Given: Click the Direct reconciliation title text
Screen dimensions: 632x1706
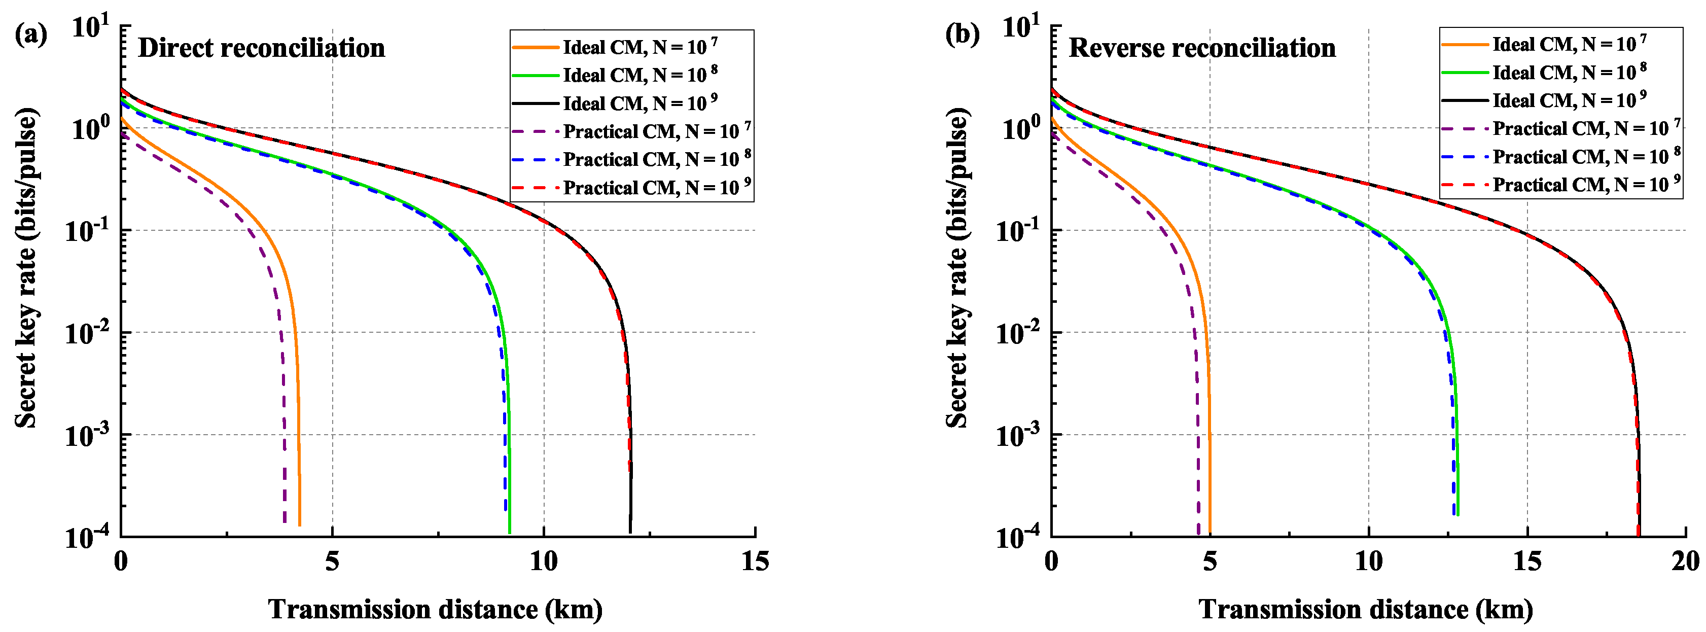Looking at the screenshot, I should pos(261,48).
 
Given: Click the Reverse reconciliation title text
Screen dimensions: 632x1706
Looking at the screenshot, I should pos(1202,48).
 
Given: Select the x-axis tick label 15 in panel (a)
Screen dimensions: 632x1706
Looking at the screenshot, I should pos(755,562).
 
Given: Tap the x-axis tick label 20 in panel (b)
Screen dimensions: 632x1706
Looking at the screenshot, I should pos(1685,562).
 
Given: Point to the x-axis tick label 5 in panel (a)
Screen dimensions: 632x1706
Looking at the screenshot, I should pos(332,562).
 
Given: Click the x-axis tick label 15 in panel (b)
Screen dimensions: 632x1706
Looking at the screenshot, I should pos(1526,562).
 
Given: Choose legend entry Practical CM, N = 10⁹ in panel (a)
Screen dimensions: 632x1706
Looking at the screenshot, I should pos(656,188).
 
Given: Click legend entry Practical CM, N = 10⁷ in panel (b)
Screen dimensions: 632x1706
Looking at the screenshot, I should pos(1585,128).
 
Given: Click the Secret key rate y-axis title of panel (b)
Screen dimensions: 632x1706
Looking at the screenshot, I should pos(957,268).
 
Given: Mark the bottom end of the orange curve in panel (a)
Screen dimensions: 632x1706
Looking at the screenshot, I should pos(300,524).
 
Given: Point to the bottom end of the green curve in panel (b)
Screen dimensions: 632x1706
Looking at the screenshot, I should pos(1458,514).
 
